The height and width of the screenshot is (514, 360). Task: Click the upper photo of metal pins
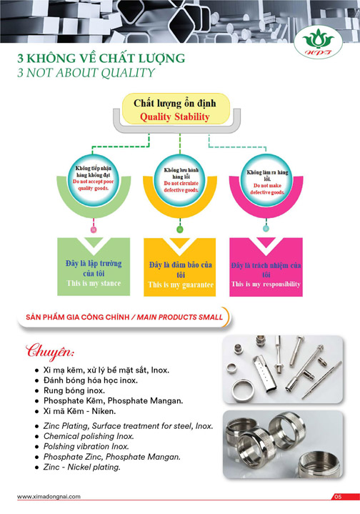coord(284,365)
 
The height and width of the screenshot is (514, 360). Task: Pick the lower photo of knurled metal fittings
coord(284,443)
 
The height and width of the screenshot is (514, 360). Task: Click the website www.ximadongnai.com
coord(49,496)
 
